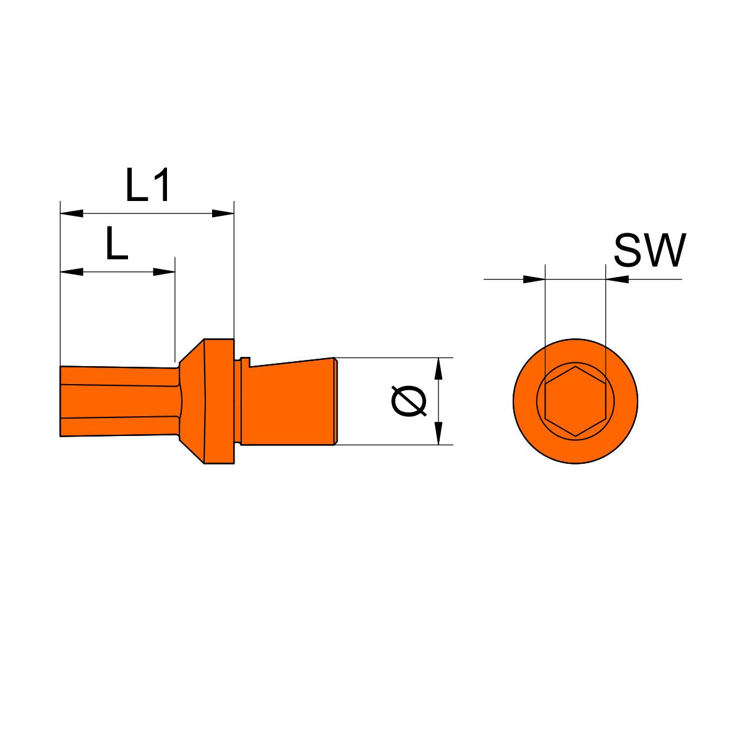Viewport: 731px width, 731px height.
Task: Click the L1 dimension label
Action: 147,186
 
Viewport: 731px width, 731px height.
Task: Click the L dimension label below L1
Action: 117,243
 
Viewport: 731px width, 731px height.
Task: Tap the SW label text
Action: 650,250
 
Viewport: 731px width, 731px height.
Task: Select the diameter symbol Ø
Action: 409,401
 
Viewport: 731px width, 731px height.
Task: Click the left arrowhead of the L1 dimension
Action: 72,213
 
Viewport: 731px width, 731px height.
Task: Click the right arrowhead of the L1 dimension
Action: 223,213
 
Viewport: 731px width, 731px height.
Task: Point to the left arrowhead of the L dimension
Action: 72,271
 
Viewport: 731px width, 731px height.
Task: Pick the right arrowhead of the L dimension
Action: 164,271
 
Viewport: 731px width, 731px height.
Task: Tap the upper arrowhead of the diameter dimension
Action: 438,369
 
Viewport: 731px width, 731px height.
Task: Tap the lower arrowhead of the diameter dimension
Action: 438,433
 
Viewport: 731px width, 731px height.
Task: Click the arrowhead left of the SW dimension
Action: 534,280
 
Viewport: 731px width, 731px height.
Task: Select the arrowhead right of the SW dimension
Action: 617,280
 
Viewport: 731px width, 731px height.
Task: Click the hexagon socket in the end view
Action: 575,401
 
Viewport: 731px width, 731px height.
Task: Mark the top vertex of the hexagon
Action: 575,367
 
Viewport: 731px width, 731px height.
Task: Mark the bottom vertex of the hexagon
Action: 575,437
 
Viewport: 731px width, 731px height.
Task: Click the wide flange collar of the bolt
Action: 219,401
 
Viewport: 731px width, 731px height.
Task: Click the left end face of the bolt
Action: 61,401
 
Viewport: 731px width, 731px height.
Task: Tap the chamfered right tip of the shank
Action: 336,401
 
